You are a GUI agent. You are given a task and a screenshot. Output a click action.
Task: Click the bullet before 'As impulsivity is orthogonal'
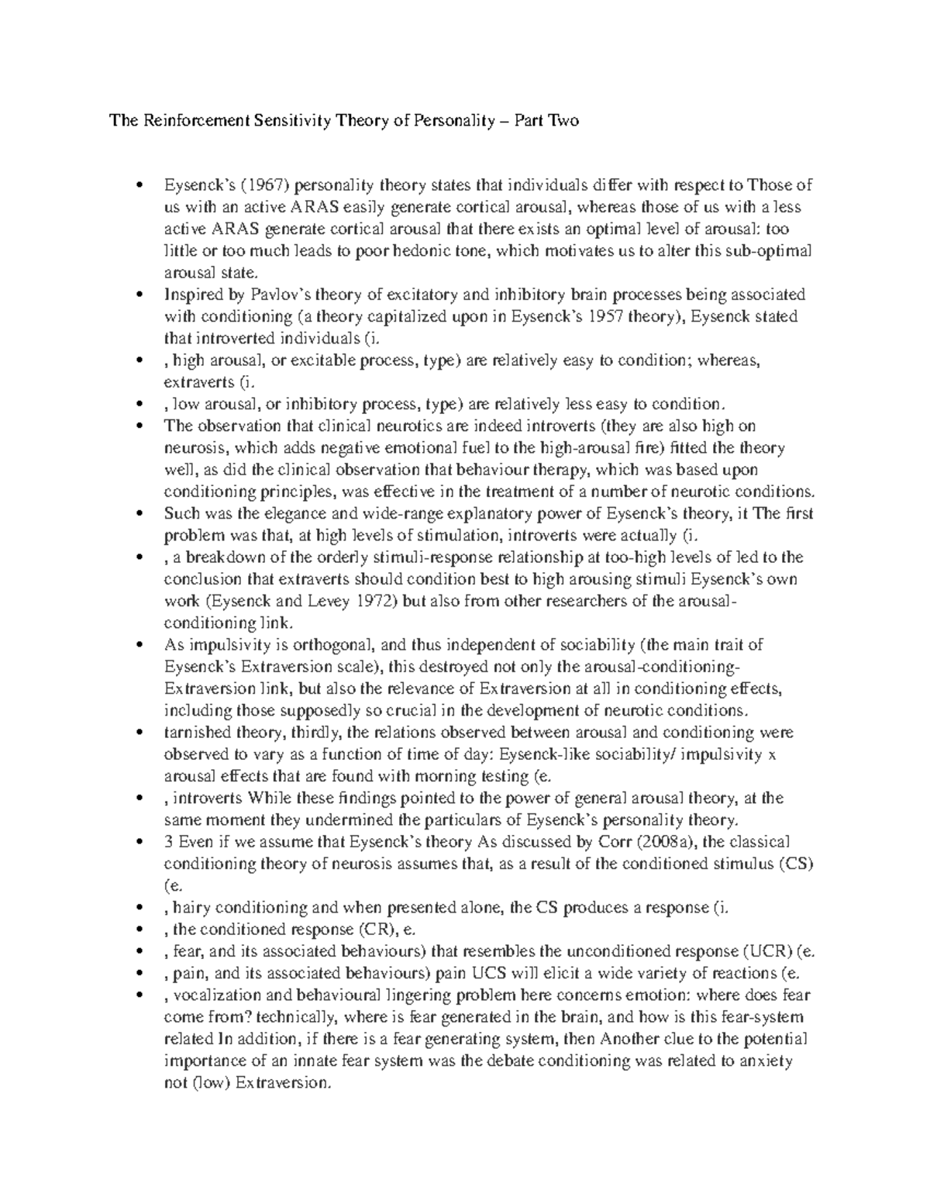point(139,645)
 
